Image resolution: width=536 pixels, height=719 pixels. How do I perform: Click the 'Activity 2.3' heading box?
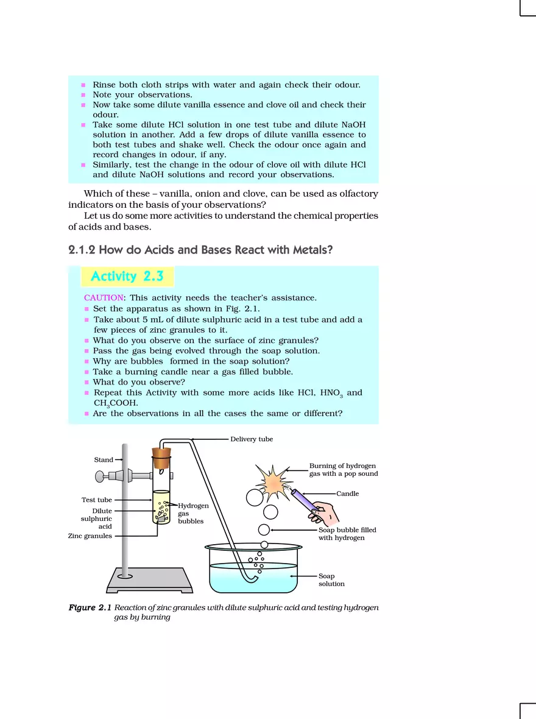click(127, 277)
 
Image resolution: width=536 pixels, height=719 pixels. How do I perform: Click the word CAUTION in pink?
click(102, 298)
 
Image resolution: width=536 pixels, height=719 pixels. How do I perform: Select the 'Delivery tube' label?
click(251, 439)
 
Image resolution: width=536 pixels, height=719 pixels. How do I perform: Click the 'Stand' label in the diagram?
click(103, 460)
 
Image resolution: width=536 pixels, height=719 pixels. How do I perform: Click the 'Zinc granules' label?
click(90, 536)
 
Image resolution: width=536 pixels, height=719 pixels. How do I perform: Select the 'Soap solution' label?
click(331, 580)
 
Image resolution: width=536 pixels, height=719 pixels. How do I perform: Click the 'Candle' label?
click(347, 494)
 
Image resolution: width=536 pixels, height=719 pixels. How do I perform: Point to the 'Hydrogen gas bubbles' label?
click(192, 514)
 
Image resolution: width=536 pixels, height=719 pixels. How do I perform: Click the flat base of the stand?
click(150, 580)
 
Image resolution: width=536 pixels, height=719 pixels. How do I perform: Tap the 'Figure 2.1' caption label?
click(90, 607)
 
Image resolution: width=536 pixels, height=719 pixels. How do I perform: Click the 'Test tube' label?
click(96, 500)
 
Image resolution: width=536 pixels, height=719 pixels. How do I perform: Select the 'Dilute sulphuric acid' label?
click(96, 519)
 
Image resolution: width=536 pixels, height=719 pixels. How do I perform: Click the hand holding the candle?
click(324, 514)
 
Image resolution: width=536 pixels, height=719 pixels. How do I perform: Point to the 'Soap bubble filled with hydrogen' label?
click(346, 534)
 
